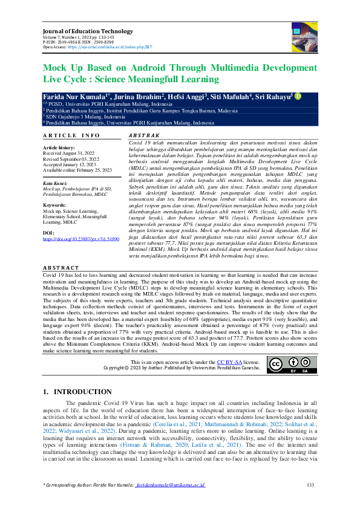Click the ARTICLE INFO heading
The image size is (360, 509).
(x=71, y=135)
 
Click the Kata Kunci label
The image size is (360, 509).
(x=55, y=183)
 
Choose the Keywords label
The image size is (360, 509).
(x=54, y=206)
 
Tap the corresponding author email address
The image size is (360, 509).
(x=170, y=485)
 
